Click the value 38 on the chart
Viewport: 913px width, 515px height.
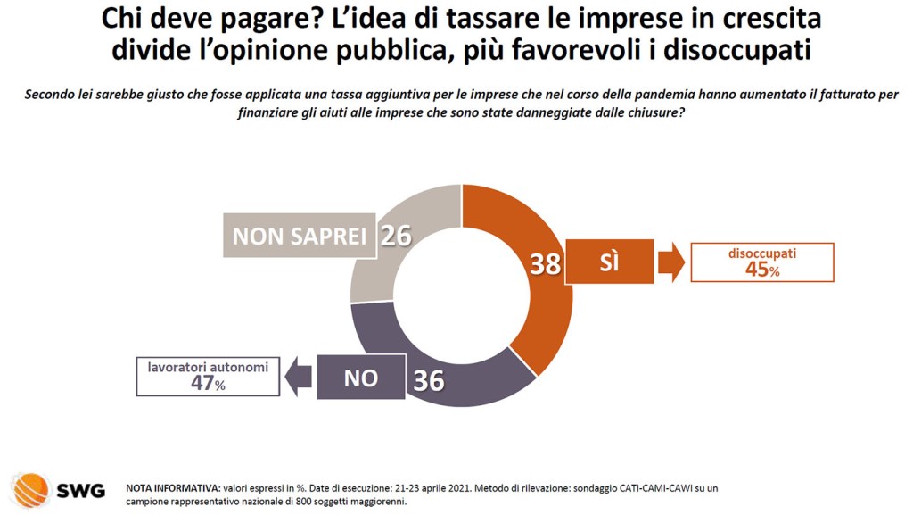pyautogui.click(x=546, y=264)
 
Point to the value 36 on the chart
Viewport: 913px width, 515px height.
pyautogui.click(x=429, y=380)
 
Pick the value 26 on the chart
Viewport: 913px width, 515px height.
pyautogui.click(x=395, y=236)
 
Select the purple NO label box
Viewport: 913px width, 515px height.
pyautogui.click(x=361, y=378)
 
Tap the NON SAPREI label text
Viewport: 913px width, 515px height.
pyautogui.click(x=300, y=237)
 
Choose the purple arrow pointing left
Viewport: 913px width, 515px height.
pyautogui.click(x=298, y=378)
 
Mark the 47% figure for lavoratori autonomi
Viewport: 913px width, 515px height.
pyautogui.click(x=207, y=383)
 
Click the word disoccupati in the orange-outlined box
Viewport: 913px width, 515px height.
pyautogui.click(x=762, y=253)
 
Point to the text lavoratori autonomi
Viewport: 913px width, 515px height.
pyautogui.click(x=208, y=366)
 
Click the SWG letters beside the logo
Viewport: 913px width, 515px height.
pyautogui.click(x=81, y=491)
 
